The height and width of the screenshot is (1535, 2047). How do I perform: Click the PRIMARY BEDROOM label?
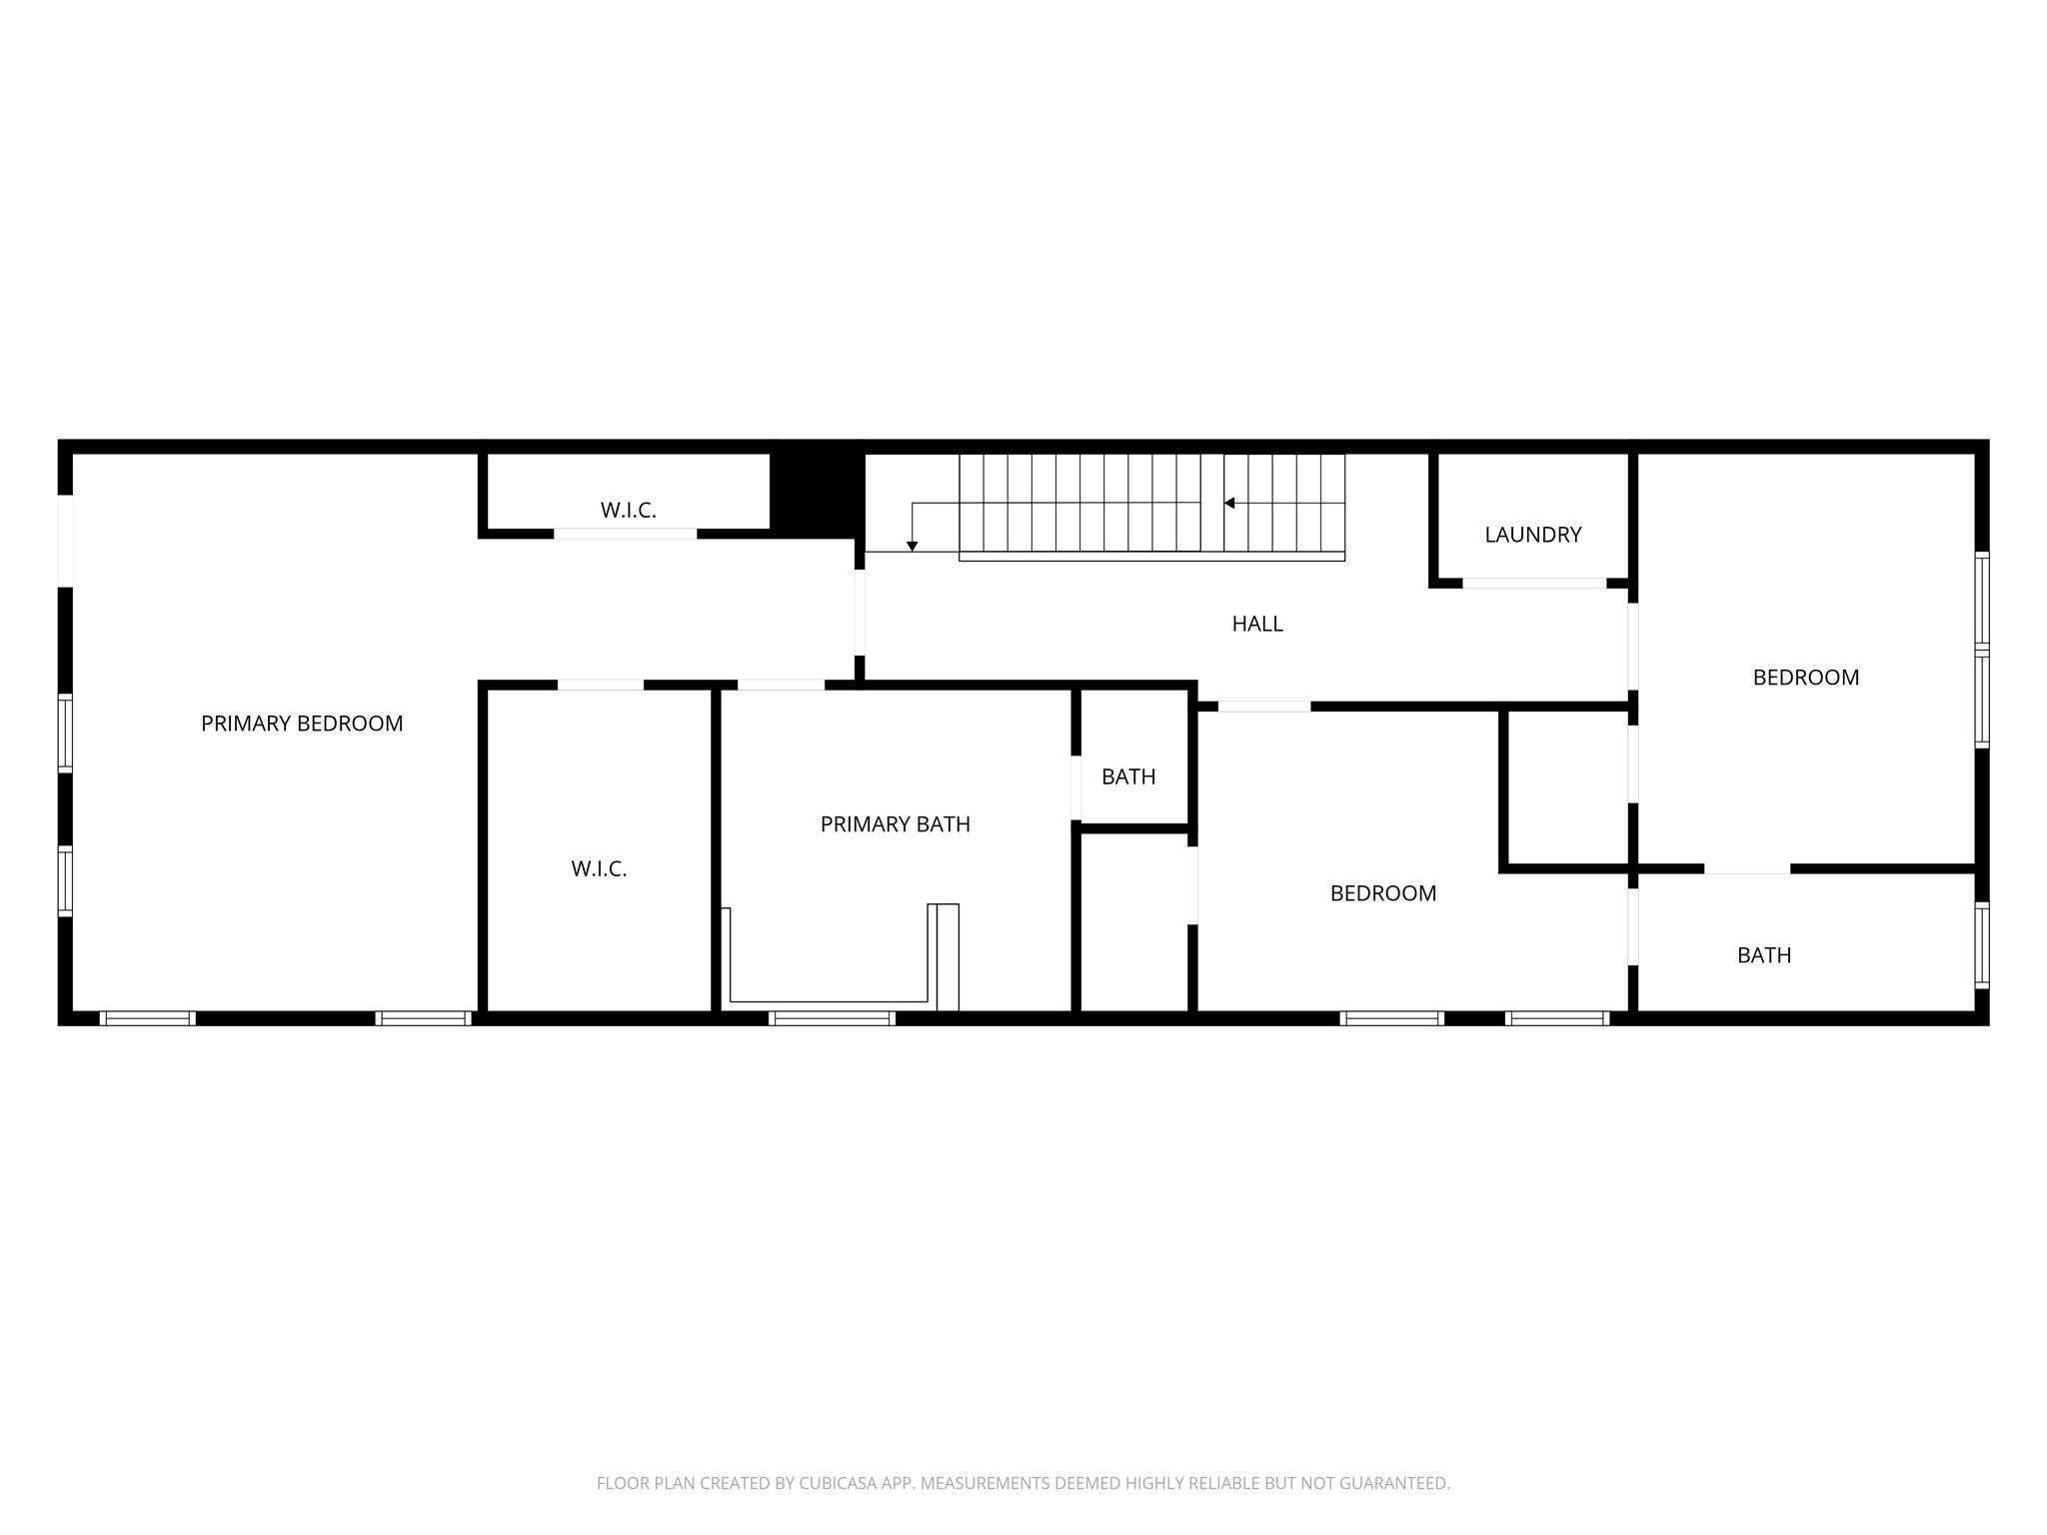(302, 724)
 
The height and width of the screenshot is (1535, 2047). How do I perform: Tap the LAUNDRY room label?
(1532, 535)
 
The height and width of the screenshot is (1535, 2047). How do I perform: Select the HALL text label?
(1256, 624)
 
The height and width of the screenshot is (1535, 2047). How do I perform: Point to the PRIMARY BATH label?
(895, 824)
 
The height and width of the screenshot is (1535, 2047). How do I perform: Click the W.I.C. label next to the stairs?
(628, 511)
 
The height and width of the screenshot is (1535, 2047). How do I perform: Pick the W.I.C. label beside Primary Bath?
(599, 869)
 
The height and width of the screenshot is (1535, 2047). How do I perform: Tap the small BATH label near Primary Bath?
(1128, 776)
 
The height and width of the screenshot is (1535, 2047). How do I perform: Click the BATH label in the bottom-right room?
(1763, 955)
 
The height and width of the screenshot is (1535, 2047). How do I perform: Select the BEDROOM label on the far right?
(1805, 678)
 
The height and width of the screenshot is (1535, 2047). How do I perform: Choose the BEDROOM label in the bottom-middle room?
(1382, 893)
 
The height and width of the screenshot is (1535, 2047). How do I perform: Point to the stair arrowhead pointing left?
(1229, 503)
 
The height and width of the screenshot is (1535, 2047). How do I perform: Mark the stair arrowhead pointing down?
(912, 546)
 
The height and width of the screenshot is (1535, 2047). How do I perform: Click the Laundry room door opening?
(1534, 583)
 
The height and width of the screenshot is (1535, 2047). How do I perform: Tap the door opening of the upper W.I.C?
(625, 534)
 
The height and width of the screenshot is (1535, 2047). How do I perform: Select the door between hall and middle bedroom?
(1263, 707)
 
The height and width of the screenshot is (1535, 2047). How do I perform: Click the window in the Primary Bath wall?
(832, 1018)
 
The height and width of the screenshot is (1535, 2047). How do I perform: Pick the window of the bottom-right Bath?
(1981, 945)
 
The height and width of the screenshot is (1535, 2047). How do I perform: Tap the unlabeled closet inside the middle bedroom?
(1566, 787)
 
